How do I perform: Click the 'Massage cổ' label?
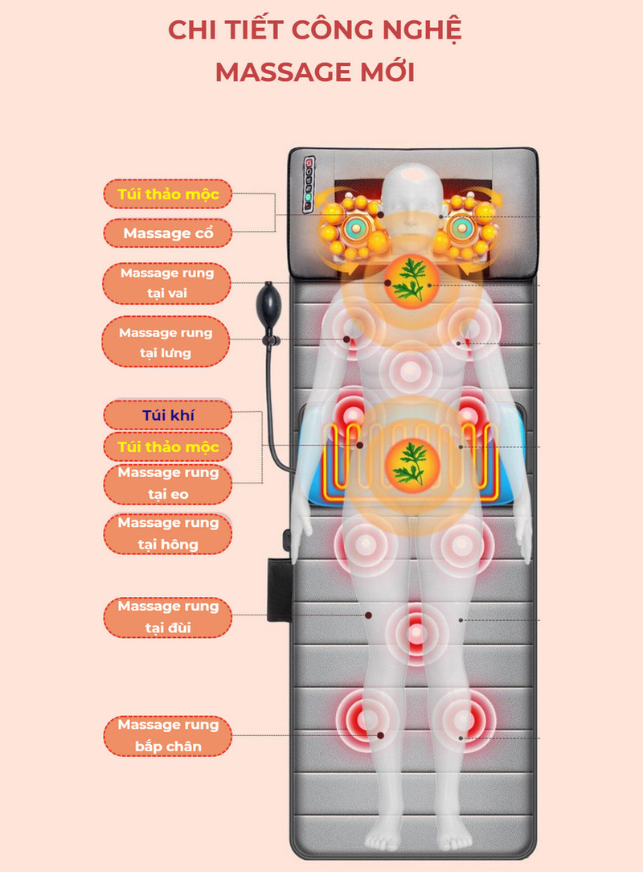pyautogui.click(x=167, y=233)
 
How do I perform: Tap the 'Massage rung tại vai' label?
pyautogui.click(x=167, y=282)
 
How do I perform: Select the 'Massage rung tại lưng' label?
pyautogui.click(x=167, y=342)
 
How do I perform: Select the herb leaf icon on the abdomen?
pyautogui.click(x=410, y=465)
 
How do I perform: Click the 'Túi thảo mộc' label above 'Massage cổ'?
pyautogui.click(x=167, y=194)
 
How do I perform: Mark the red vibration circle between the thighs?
pyautogui.click(x=415, y=631)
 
